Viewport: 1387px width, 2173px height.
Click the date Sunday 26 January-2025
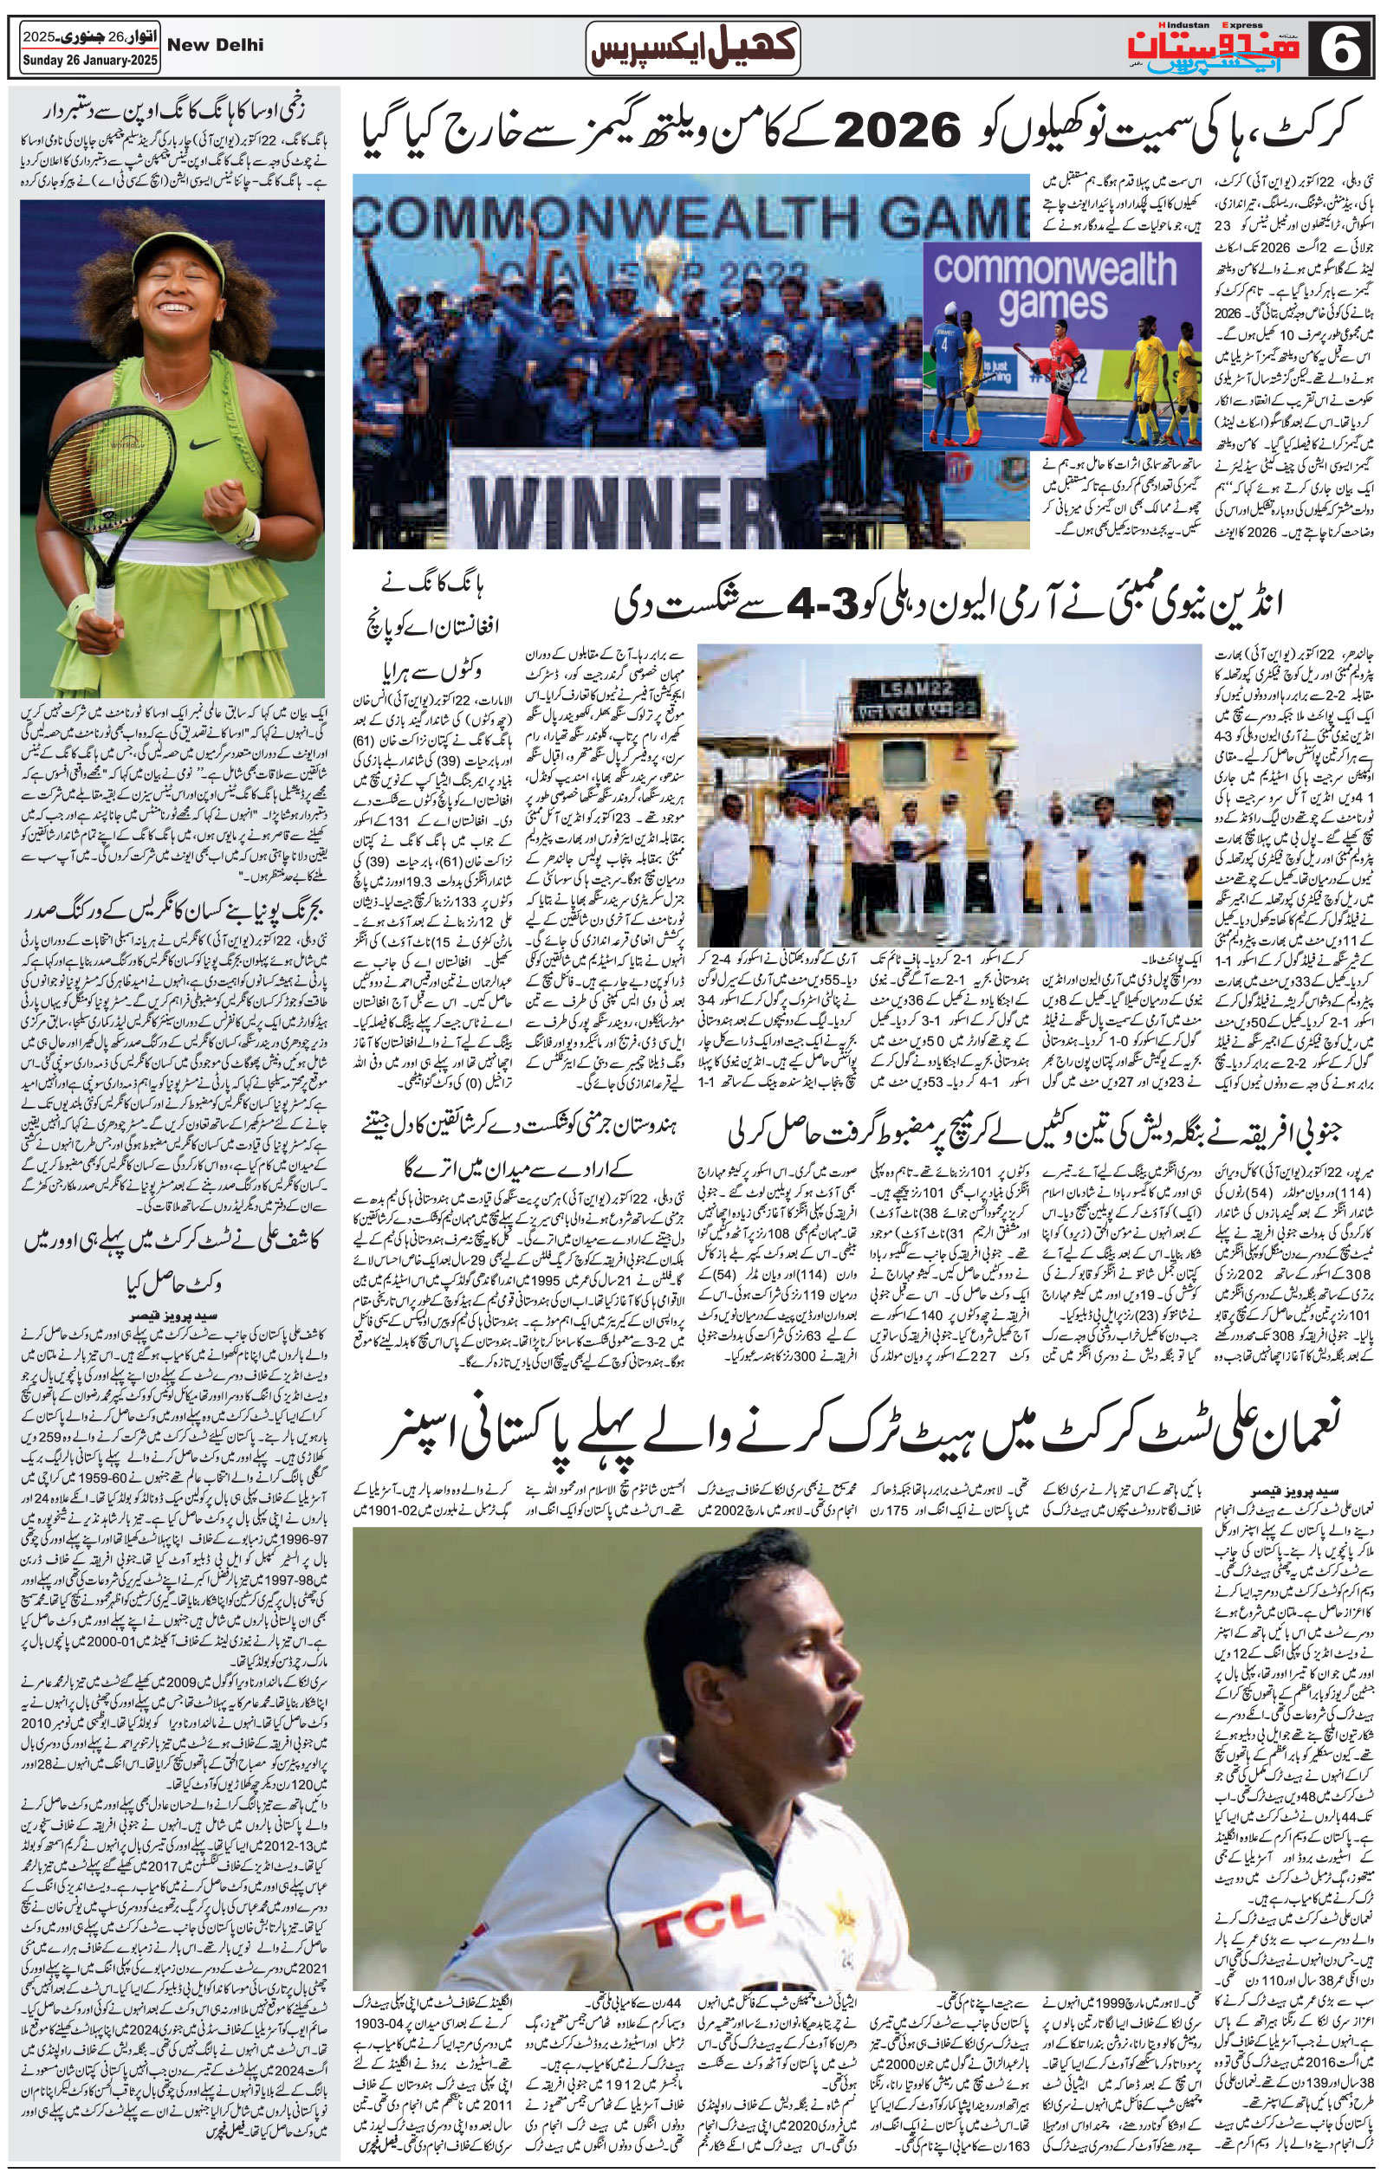pyautogui.click(x=89, y=62)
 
